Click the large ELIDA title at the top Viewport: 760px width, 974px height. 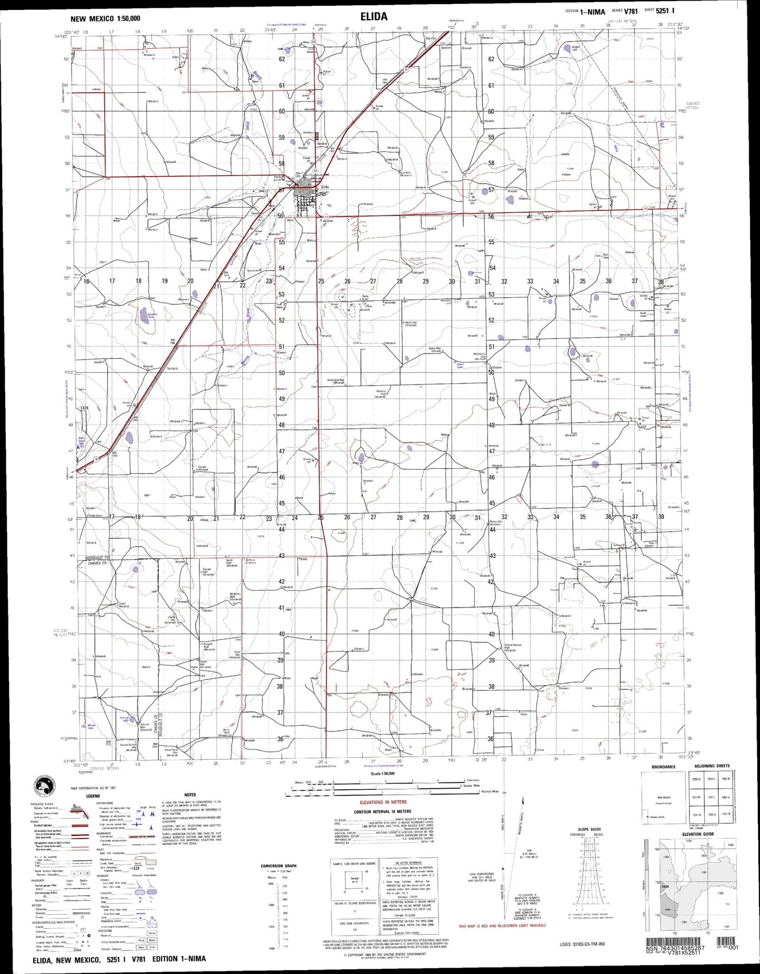pos(374,17)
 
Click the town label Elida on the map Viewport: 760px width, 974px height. pos(325,187)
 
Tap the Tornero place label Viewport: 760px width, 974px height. pos(172,368)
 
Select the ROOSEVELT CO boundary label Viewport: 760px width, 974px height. pos(97,557)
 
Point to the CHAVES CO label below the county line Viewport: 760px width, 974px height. pos(97,563)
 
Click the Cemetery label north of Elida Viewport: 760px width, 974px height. pos(308,133)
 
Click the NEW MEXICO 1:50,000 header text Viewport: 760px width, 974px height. pos(105,18)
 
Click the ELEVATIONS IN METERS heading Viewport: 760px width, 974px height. pos(383,802)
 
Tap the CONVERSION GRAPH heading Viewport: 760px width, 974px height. pos(279,866)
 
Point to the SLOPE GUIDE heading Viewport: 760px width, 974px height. pos(589,829)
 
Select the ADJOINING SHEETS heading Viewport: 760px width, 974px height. pos(712,766)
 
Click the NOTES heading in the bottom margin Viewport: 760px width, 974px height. pos(190,795)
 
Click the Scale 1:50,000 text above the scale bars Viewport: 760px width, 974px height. pos(382,774)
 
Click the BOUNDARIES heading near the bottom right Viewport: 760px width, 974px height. pos(663,767)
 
